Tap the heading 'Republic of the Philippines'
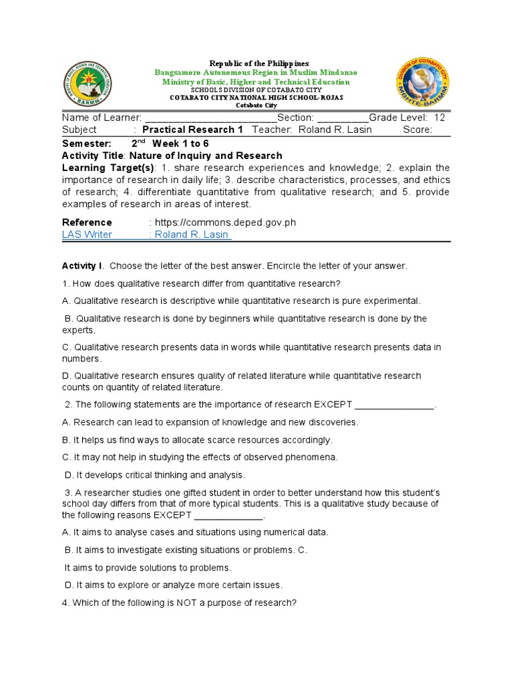pyautogui.click(x=250, y=63)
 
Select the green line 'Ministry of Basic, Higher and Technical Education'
pyautogui.click(x=256, y=81)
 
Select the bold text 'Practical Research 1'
pyautogui.click(x=193, y=130)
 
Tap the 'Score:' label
pyautogui.click(x=417, y=130)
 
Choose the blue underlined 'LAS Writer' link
pyautogui.click(x=87, y=234)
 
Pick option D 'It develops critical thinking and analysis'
pyautogui.click(x=155, y=475)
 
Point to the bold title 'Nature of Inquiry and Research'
pyautogui.click(x=206, y=156)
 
